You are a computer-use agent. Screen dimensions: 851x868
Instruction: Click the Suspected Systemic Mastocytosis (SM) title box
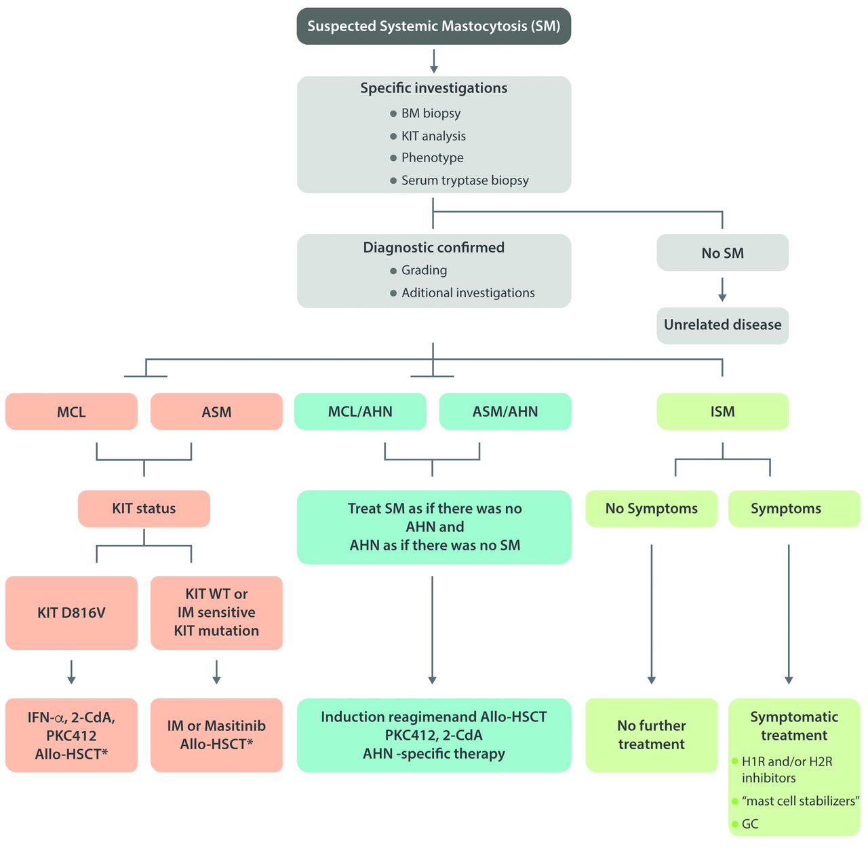pyautogui.click(x=434, y=26)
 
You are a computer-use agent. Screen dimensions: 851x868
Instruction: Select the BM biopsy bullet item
pyautogui.click(x=431, y=113)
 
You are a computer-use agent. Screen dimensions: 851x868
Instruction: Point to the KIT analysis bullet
pyautogui.click(x=433, y=136)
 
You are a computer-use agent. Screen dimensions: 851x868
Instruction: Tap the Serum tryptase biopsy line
pyautogui.click(x=465, y=181)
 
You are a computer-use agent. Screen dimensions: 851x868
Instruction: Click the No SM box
pyautogui.click(x=722, y=253)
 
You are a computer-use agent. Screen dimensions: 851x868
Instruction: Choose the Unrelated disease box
pyautogui.click(x=722, y=325)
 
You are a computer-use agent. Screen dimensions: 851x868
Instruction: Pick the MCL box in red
pyautogui.click(x=71, y=412)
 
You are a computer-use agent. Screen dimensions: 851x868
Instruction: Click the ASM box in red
pyautogui.click(x=216, y=412)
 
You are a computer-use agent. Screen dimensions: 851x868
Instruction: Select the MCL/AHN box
pyautogui.click(x=360, y=411)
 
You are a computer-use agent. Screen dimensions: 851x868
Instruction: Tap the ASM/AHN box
pyautogui.click(x=505, y=411)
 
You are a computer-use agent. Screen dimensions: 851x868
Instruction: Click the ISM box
pyautogui.click(x=722, y=411)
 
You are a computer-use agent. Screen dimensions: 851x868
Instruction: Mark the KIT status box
pyautogui.click(x=144, y=508)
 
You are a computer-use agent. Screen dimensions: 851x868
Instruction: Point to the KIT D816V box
pyautogui.click(x=71, y=613)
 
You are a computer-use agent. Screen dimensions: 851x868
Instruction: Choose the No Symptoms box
pyautogui.click(x=651, y=508)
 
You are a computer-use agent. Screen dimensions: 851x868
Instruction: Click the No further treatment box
pyautogui.click(x=651, y=735)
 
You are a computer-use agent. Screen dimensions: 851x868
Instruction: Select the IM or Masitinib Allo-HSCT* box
pyautogui.click(x=216, y=735)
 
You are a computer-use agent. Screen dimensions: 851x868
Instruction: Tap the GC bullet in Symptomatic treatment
pyautogui.click(x=750, y=824)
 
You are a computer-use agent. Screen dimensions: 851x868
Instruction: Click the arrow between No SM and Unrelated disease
pyautogui.click(x=722, y=289)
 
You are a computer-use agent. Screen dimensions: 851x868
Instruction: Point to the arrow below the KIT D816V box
pyautogui.click(x=71, y=671)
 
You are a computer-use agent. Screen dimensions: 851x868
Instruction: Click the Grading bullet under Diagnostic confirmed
pyautogui.click(x=424, y=270)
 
